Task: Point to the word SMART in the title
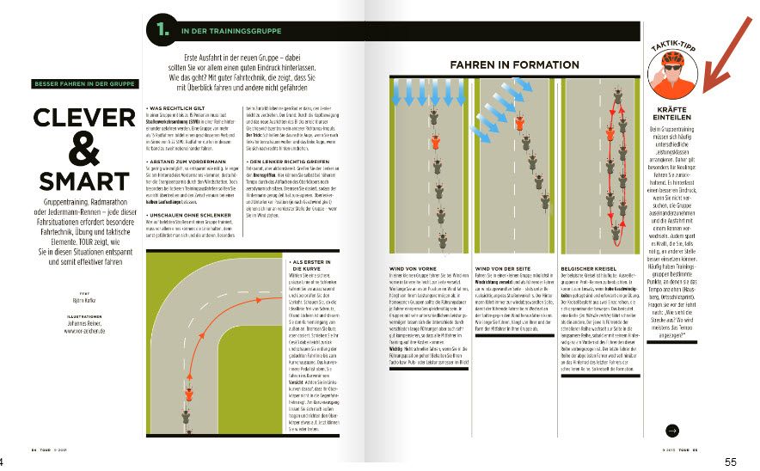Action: point(83,180)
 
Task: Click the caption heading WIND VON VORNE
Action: point(402,269)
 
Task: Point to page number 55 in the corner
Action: point(731,462)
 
